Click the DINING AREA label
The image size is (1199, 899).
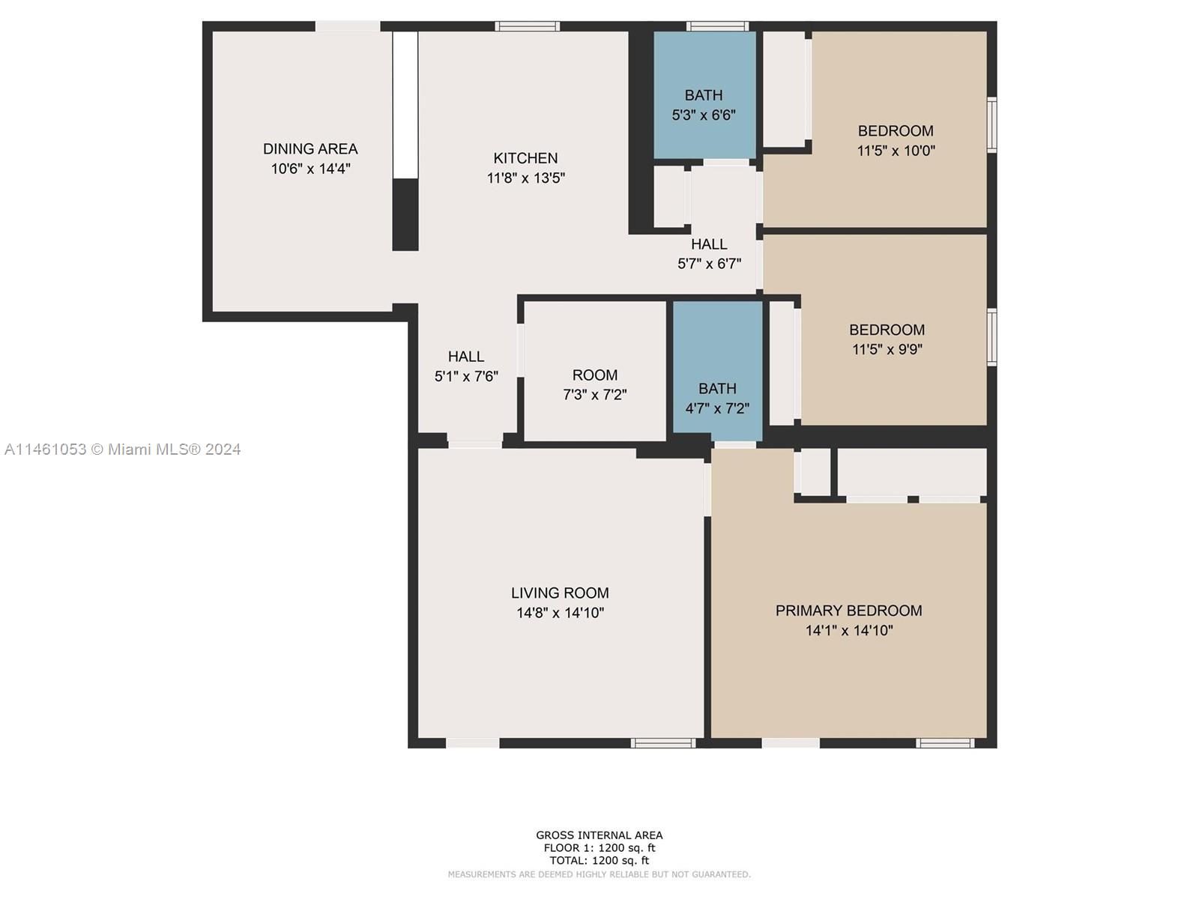[310, 148]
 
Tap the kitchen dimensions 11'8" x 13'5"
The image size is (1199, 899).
[525, 178]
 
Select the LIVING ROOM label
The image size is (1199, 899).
[560, 593]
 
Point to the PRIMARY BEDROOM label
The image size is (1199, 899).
[849, 611]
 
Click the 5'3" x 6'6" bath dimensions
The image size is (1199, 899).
[704, 115]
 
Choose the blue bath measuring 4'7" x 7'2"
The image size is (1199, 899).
[717, 371]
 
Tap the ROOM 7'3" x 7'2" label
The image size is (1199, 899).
[595, 384]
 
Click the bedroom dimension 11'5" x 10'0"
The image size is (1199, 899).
[896, 151]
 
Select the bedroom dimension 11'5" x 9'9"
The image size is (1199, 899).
[887, 349]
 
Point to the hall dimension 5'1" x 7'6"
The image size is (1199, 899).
[466, 377]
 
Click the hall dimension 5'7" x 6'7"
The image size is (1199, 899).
[709, 264]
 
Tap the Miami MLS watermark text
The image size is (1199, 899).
[122, 449]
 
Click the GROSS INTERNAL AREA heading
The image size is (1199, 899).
[599, 835]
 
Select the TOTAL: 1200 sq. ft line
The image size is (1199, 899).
[599, 861]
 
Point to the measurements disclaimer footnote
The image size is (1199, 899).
[599, 874]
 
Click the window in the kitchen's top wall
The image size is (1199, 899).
[527, 25]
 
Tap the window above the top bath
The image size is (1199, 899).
[717, 25]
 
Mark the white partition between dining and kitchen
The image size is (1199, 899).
[405, 105]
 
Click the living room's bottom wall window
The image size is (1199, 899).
[663, 743]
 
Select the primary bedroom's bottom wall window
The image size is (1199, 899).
[945, 743]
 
